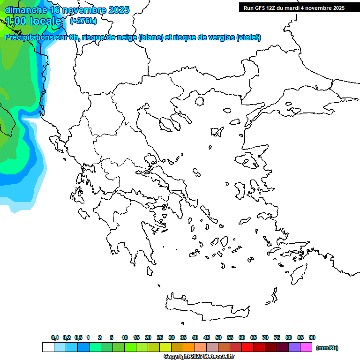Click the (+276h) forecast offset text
83,21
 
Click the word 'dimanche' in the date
26,10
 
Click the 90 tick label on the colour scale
312,337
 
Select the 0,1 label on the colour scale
54,337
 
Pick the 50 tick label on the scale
218,337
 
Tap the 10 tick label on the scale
125,337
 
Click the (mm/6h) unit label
327,348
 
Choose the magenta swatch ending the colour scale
306,347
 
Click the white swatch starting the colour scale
48,347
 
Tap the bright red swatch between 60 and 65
247,347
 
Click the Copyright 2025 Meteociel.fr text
199,357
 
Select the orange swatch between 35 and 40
189,347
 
